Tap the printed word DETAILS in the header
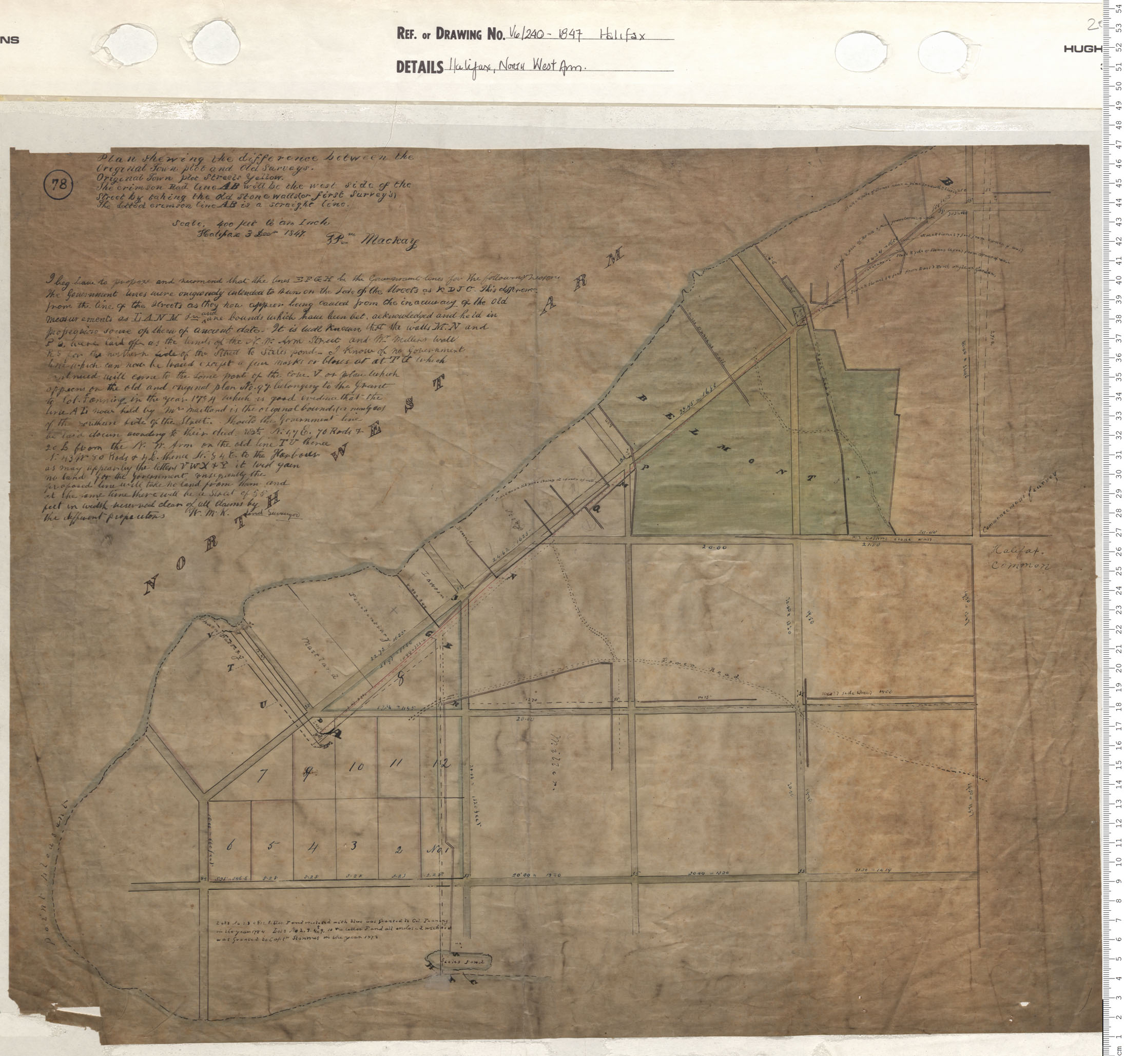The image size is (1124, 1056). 419,68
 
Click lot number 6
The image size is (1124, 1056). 229,813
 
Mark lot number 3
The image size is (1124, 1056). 354,813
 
